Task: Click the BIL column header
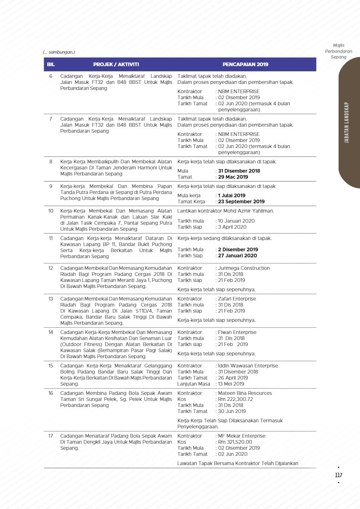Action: tap(51, 65)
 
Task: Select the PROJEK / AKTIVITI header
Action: tap(116, 65)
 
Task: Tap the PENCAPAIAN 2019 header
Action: tap(245, 65)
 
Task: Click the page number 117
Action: tap(339, 475)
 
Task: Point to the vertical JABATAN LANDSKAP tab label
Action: tap(347, 123)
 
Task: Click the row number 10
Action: tap(51, 211)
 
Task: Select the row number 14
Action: tap(51, 332)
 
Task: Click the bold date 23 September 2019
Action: tap(241, 202)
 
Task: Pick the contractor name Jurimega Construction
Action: tap(244, 268)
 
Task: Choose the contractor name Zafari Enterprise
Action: tap(237, 299)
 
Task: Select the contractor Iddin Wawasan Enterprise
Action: tap(248, 366)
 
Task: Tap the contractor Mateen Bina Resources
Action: tap(245, 393)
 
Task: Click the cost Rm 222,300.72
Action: tap(235, 399)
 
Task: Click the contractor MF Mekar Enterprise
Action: tap(242, 436)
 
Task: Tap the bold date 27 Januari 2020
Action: tap(237, 256)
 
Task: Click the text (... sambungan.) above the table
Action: tap(59, 52)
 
